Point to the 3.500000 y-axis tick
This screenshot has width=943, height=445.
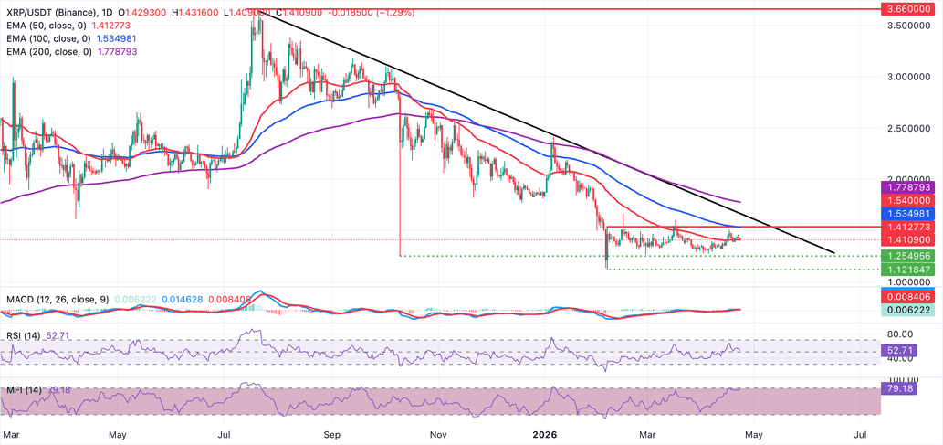(x=910, y=26)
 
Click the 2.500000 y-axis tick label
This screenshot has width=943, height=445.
(x=910, y=129)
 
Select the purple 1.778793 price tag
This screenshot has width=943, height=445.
(x=910, y=186)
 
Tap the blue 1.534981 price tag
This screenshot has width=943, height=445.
(x=910, y=212)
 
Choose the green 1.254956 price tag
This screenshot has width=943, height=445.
(x=910, y=256)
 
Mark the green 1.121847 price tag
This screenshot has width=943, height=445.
(x=910, y=270)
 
